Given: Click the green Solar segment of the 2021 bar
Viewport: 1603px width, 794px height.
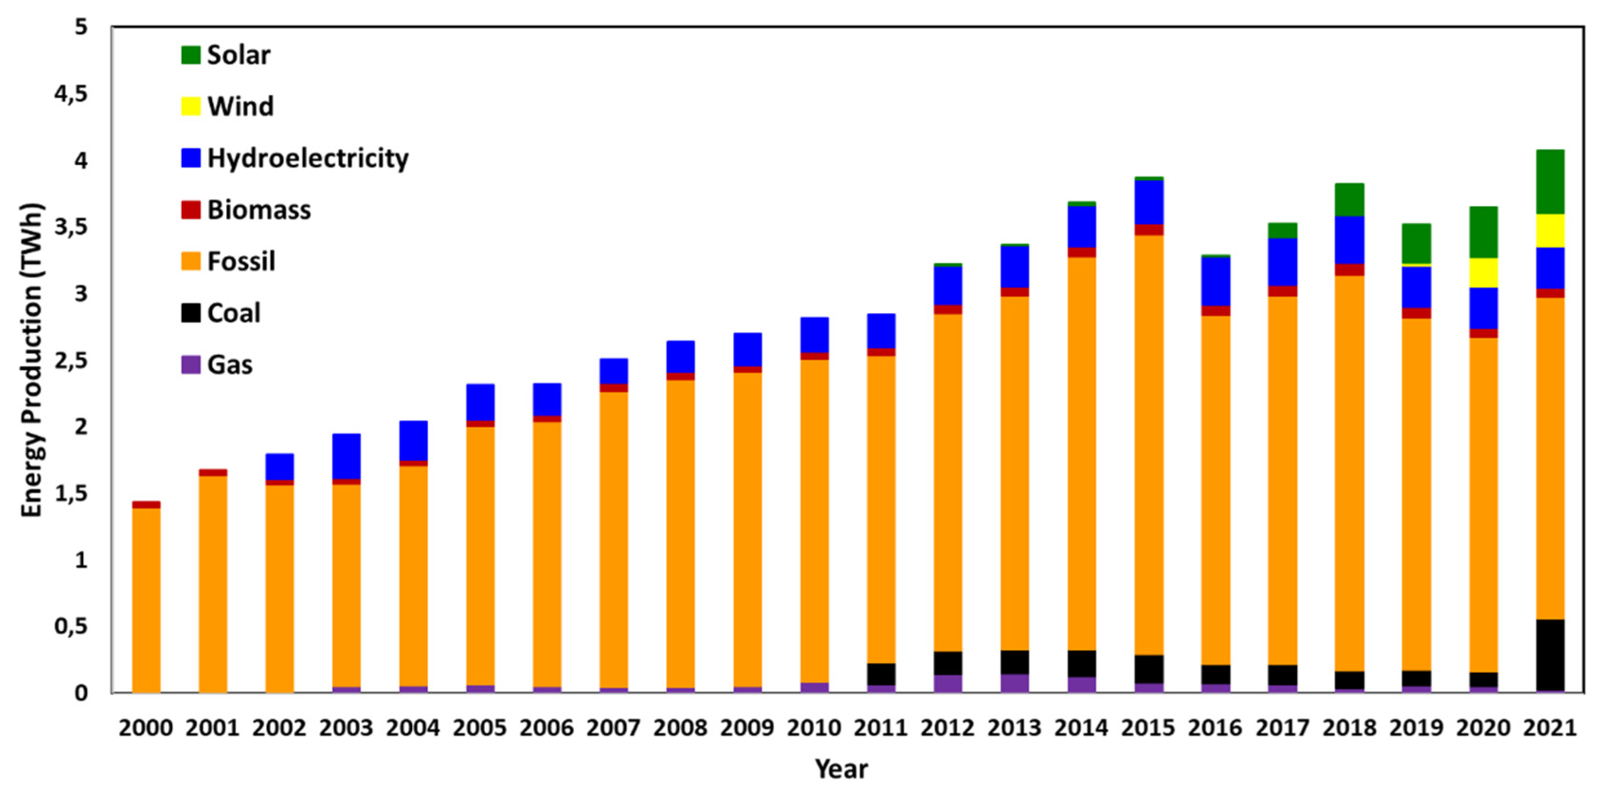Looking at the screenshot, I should (x=1550, y=182).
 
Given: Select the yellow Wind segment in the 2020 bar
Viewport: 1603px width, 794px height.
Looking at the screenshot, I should (x=1483, y=272).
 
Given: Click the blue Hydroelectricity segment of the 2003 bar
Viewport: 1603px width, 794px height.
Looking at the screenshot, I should (x=346, y=456).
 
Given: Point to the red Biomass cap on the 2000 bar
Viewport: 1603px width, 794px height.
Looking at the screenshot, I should (x=146, y=504).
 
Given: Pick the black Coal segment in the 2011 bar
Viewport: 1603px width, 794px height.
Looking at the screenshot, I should (x=881, y=675).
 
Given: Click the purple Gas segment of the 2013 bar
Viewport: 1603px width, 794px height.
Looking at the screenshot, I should (x=1015, y=683).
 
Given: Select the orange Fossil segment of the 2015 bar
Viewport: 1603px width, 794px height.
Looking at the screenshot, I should (x=1149, y=445).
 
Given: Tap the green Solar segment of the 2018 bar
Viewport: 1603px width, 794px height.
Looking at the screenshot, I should (x=1349, y=200).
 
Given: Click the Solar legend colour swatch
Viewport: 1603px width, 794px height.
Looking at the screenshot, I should (x=190, y=55).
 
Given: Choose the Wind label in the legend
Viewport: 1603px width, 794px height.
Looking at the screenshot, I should (x=240, y=106).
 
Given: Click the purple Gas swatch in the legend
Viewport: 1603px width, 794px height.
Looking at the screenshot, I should (x=190, y=365).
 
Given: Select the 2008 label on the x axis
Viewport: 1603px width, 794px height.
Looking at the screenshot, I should (x=680, y=728).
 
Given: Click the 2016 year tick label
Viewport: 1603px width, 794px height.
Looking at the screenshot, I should (x=1215, y=728).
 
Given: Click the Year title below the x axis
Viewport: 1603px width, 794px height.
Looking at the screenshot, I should (x=842, y=770).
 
